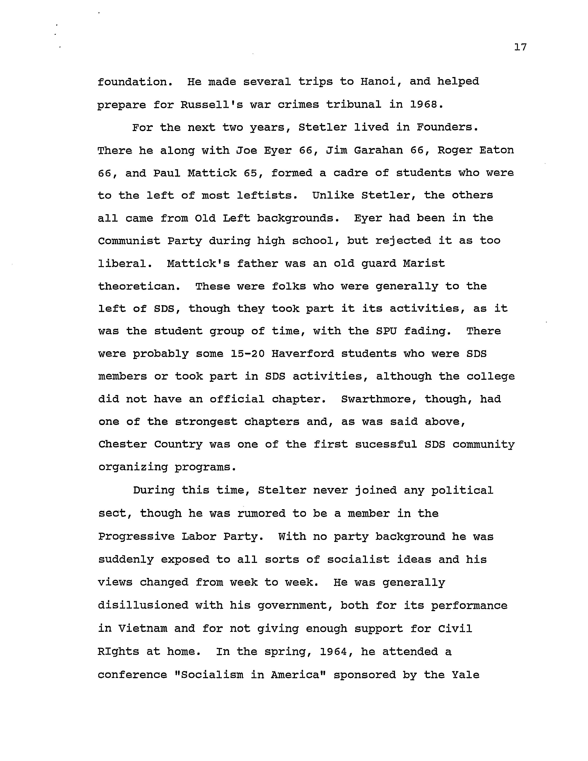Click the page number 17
(520, 47)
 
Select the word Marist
(424, 263)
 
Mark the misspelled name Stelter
(282, 490)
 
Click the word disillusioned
(143, 605)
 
